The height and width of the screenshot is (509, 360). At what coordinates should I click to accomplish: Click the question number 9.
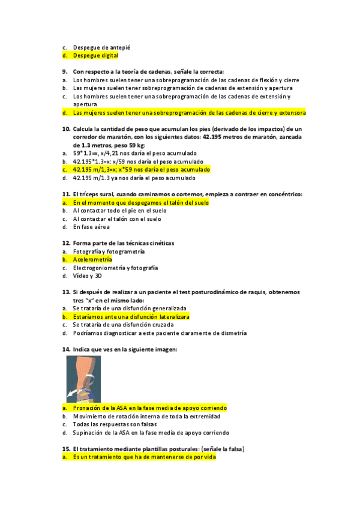click(x=65, y=71)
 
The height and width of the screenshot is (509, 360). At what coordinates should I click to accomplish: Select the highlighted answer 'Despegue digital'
click(x=95, y=55)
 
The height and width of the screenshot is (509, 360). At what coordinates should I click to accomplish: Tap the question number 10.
click(x=67, y=128)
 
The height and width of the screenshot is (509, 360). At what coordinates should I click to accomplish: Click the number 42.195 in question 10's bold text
click(x=217, y=137)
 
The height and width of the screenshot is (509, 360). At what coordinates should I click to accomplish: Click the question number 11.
click(x=67, y=194)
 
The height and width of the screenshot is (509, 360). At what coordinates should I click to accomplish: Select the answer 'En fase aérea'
click(x=92, y=227)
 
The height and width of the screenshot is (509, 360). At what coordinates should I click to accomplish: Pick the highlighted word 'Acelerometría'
click(x=92, y=259)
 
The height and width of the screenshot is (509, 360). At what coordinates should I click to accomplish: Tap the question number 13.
click(x=67, y=292)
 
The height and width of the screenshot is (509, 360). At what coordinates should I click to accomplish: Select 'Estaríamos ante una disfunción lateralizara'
click(x=131, y=316)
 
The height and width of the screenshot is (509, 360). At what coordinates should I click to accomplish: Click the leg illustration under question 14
click(x=83, y=378)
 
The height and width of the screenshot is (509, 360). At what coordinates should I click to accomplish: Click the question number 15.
click(x=67, y=449)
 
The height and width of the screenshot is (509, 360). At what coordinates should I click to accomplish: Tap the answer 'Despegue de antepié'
click(x=101, y=47)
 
